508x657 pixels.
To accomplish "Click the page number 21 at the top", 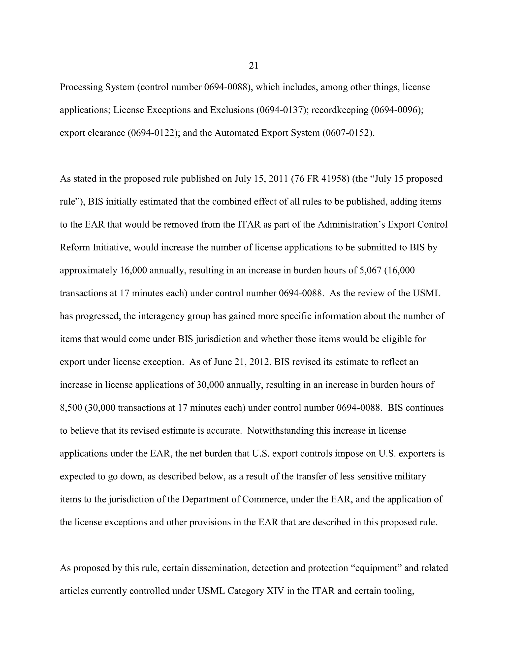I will [x=254, y=66].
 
